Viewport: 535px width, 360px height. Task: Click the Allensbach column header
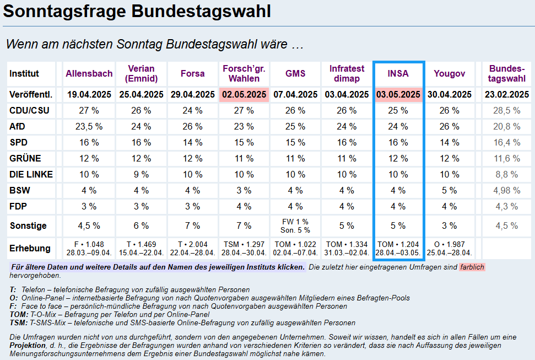[89, 73]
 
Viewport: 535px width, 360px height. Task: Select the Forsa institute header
[192, 73]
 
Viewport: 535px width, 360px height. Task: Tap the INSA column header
[398, 73]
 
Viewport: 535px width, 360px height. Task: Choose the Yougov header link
[449, 73]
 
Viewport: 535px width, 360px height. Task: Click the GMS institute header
[295, 73]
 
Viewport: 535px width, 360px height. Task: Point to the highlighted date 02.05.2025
[244, 94]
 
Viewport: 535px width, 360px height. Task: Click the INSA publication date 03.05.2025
[398, 94]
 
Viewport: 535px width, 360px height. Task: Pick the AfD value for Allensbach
[89, 126]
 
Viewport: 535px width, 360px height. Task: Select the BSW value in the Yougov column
[449, 190]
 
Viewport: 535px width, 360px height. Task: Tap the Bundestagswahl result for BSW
[506, 190]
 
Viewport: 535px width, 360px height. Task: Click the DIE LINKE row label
[31, 174]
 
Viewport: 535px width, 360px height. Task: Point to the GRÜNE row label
[25, 158]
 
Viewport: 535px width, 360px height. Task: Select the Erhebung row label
[30, 248]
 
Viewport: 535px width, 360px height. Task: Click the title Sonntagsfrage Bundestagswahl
[137, 12]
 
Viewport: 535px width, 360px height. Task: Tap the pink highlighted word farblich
[472, 267]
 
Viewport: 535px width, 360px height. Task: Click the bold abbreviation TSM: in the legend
[20, 323]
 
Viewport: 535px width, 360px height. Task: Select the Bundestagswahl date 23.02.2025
[506, 94]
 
